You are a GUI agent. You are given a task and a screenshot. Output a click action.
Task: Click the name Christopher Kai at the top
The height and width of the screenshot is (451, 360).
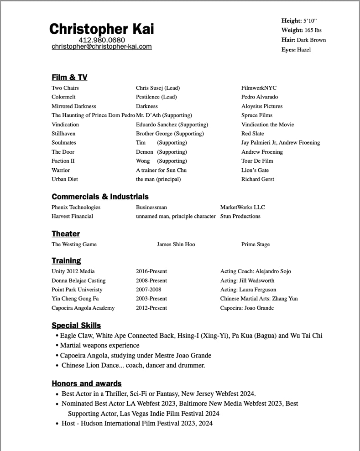(101, 29)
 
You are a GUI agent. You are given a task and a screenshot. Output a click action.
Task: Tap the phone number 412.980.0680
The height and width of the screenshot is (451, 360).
(102, 40)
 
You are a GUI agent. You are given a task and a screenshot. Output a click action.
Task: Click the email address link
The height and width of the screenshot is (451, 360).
(102, 47)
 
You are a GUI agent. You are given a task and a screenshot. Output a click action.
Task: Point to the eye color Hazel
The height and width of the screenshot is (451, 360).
(304, 50)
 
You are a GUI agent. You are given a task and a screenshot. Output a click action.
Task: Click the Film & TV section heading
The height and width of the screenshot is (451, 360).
(69, 78)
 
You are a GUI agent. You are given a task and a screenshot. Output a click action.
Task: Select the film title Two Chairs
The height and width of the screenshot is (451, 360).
(65, 88)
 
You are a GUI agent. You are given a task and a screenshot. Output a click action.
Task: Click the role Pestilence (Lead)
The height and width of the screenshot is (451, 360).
(156, 97)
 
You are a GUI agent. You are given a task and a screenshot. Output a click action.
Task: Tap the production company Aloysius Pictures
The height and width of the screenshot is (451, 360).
(262, 106)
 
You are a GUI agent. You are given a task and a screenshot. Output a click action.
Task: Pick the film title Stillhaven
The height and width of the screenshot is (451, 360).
(63, 134)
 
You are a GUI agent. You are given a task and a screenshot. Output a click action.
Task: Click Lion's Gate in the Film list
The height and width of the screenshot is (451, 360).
(255, 170)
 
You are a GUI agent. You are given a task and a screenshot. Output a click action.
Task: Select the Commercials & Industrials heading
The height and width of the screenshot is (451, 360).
(100, 197)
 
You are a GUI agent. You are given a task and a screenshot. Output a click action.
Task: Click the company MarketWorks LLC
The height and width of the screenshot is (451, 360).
(242, 207)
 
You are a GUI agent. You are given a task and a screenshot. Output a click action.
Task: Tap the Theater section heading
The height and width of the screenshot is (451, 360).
(66, 234)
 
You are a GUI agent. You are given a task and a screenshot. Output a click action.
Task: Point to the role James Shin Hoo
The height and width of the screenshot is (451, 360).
(176, 244)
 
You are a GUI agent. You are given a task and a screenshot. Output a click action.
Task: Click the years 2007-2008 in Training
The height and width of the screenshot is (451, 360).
(148, 290)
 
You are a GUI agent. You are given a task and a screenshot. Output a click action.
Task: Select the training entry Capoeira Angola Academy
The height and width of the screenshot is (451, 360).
(83, 308)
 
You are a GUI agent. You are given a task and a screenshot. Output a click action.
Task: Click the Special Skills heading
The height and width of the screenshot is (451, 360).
(76, 326)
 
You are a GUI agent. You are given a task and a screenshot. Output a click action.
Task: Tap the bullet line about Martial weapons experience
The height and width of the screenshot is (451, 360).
(99, 346)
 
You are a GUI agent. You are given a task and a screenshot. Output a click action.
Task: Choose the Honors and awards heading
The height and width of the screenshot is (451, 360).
(87, 384)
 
